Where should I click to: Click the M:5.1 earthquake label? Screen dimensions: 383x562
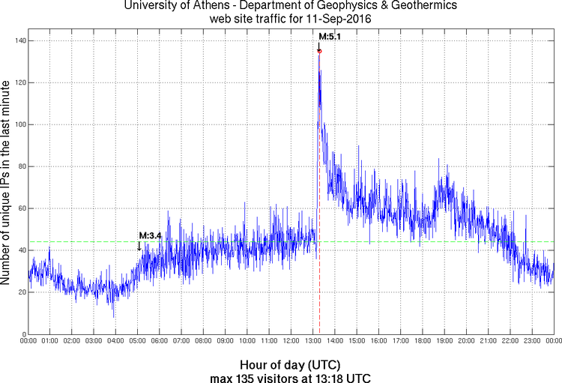pyautogui.click(x=330, y=36)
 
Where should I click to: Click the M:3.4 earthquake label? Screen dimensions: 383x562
pyautogui.click(x=151, y=235)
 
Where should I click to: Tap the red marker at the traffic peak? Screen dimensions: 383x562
pyautogui.click(x=319, y=51)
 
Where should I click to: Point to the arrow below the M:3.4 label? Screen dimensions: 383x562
pyautogui.click(x=139, y=245)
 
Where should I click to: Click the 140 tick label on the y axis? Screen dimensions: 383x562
pyautogui.click(x=16, y=40)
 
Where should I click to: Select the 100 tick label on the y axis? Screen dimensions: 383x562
pyautogui.click(x=16, y=124)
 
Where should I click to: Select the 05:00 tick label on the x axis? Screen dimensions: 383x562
pyautogui.click(x=138, y=340)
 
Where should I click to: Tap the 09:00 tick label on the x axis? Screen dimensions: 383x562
pyautogui.click(x=226, y=340)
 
